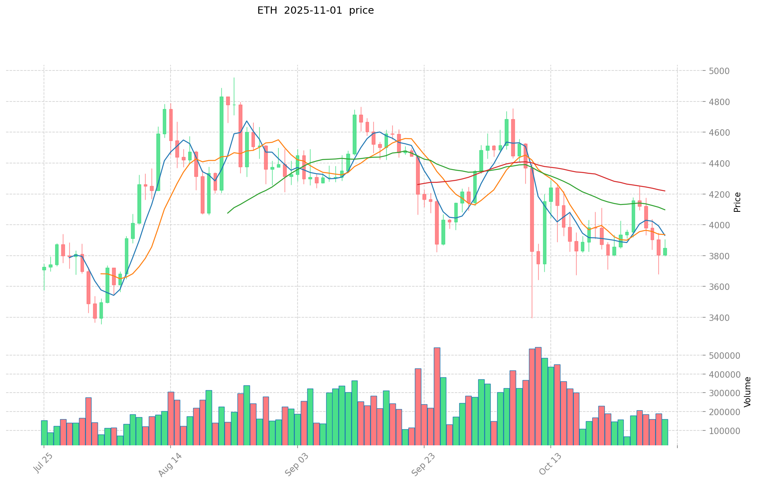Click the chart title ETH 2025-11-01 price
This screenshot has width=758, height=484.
point(315,10)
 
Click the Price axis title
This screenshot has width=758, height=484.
point(737,202)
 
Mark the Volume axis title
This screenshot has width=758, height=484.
point(748,392)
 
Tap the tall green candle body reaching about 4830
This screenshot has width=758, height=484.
point(221,143)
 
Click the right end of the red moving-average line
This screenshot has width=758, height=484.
point(664,191)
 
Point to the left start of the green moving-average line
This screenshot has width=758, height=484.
point(228,213)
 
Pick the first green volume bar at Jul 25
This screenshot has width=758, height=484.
point(44,432)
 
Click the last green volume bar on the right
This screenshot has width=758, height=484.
point(664,432)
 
